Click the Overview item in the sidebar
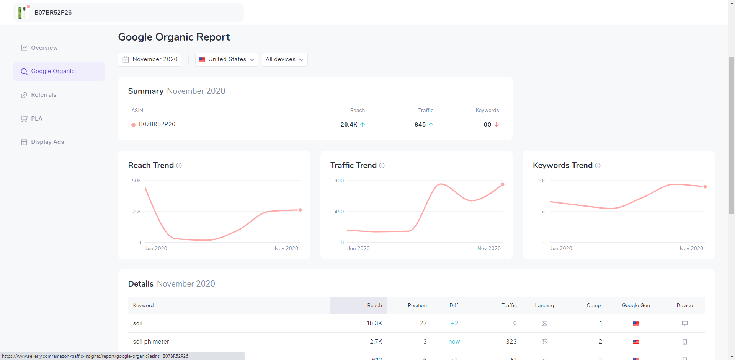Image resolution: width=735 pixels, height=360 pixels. click(44, 48)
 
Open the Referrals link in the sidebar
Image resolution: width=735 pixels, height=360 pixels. click(43, 95)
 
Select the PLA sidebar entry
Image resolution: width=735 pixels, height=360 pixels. click(36, 119)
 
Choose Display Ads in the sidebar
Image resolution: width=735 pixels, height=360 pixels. click(47, 142)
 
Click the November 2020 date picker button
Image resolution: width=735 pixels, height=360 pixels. click(150, 59)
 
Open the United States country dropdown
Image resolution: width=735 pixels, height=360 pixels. click(227, 59)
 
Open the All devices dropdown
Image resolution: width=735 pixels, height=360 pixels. click(284, 59)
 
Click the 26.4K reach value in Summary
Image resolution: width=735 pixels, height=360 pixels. click(349, 125)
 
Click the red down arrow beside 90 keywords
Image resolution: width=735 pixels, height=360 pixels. click(497, 125)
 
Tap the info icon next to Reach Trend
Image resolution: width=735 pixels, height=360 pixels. click(179, 165)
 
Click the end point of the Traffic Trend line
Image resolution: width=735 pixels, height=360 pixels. click(503, 184)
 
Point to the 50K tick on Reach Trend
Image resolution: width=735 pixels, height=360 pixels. click(137, 181)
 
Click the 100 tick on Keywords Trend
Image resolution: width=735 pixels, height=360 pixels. click(542, 181)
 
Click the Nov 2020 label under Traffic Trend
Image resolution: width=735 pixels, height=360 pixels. click(489, 248)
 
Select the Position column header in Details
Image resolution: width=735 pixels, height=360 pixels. click(417, 305)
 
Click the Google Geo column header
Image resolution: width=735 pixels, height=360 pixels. click(636, 305)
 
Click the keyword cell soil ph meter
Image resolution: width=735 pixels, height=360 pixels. click(151, 342)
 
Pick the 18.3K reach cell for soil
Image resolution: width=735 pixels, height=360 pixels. click(374, 323)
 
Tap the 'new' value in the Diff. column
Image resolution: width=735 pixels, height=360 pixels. click(454, 342)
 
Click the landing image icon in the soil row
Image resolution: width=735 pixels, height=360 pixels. click(544, 324)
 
